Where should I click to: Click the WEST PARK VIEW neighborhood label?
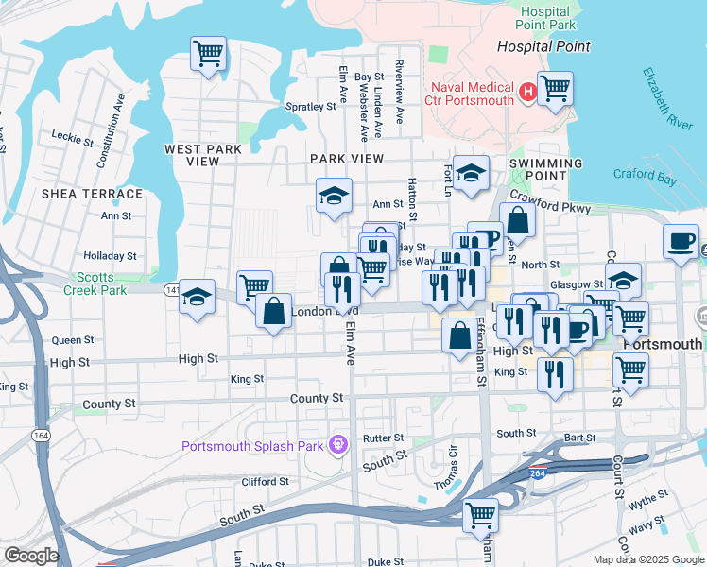click(x=203, y=155)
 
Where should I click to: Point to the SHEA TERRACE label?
click(x=93, y=194)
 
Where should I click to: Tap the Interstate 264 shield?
click(x=538, y=472)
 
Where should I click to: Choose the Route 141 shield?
click(x=171, y=287)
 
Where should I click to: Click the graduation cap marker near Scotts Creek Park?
click(x=197, y=297)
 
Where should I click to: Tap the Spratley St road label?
click(x=311, y=107)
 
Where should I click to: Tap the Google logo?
click(x=31, y=556)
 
